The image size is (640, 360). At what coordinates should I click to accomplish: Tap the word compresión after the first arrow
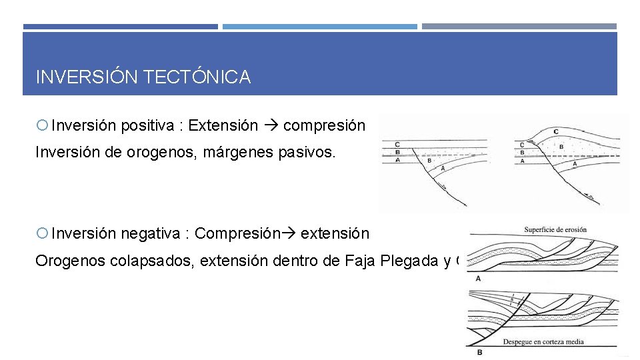[324, 125]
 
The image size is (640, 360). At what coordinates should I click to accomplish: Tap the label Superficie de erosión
[555, 229]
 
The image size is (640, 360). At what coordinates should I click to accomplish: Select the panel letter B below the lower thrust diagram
[479, 351]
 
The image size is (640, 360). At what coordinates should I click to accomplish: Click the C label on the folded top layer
[556, 132]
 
